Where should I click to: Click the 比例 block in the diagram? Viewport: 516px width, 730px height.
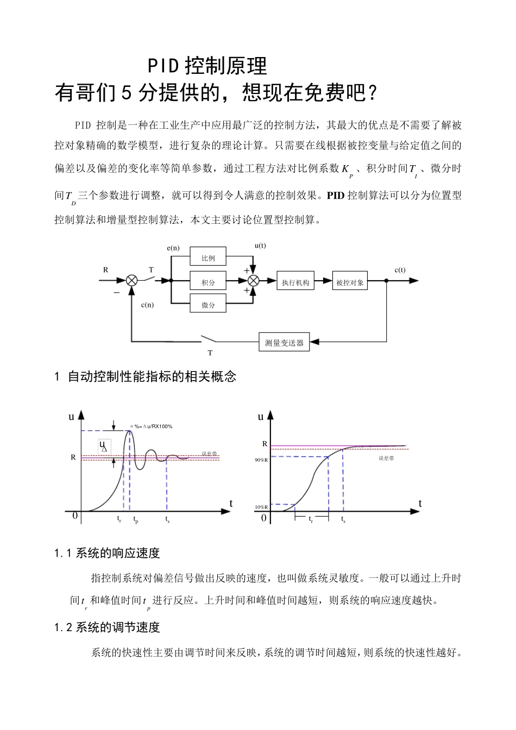(x=208, y=258)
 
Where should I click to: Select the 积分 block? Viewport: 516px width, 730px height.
(x=208, y=282)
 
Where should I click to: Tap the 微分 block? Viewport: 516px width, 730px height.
(x=208, y=305)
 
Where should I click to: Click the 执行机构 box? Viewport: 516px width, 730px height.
(x=295, y=282)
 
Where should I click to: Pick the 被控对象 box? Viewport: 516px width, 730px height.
(x=350, y=282)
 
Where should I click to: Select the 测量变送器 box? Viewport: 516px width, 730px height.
(x=284, y=343)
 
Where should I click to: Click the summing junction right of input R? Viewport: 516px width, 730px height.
(x=131, y=280)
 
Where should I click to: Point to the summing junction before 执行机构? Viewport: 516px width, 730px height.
(x=253, y=280)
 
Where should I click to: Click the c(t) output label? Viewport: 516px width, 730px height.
(x=400, y=270)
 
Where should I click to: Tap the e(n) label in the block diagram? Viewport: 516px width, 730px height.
(x=173, y=248)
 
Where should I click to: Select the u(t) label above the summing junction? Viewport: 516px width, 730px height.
(x=260, y=245)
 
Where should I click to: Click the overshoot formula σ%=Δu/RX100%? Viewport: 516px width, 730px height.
(x=151, y=426)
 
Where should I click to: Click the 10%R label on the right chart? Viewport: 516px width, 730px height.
(x=261, y=507)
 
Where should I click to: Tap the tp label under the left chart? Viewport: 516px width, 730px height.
(x=136, y=520)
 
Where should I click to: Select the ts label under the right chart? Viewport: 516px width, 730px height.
(x=343, y=520)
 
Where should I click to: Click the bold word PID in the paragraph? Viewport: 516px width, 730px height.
(x=336, y=196)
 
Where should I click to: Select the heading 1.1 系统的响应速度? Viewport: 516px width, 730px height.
(x=107, y=553)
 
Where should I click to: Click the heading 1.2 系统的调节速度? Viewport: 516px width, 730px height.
(x=107, y=627)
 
